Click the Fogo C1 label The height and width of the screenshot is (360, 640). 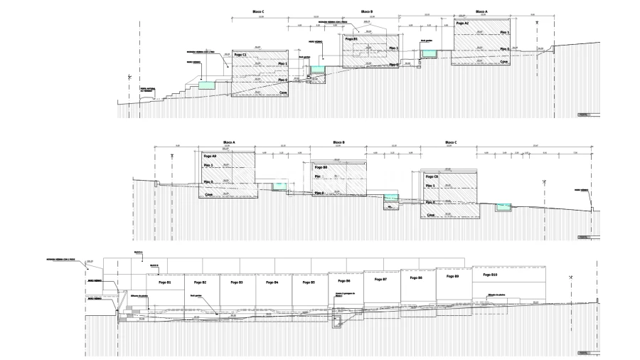click(x=240, y=55)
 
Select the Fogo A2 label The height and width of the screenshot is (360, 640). click(x=462, y=23)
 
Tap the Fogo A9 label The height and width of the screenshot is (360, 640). click(x=209, y=156)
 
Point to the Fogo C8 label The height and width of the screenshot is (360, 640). click(x=432, y=176)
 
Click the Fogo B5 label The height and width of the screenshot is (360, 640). click(x=308, y=282)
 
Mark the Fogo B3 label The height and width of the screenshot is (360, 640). click(x=236, y=282)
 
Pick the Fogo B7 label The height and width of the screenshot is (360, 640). click(x=380, y=280)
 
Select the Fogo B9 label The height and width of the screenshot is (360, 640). click(x=452, y=276)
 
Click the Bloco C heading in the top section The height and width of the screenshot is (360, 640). click(x=258, y=12)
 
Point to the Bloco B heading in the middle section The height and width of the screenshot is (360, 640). click(x=338, y=142)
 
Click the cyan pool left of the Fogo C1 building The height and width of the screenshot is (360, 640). click(x=205, y=85)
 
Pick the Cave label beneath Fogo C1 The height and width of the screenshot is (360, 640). click(x=282, y=92)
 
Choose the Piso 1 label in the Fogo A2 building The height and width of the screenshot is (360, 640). click(x=505, y=33)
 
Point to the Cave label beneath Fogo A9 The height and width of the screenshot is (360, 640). click(x=209, y=194)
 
